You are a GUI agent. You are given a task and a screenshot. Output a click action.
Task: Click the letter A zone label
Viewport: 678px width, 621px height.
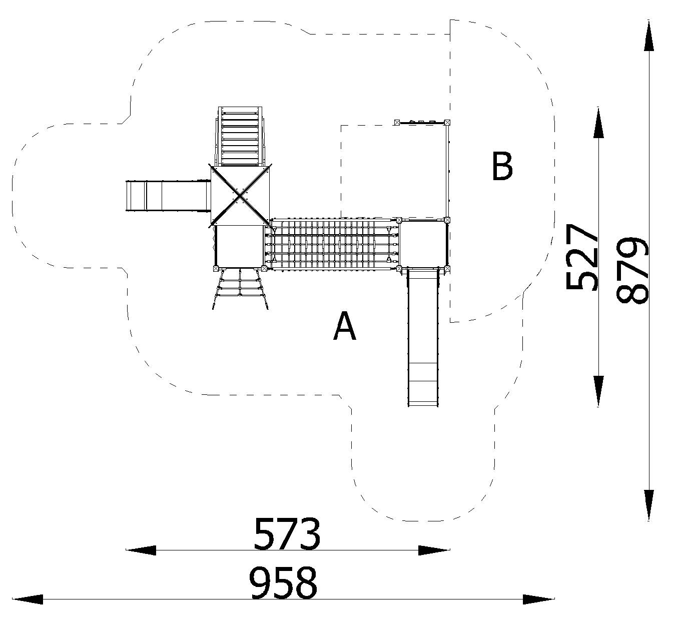(x=344, y=326)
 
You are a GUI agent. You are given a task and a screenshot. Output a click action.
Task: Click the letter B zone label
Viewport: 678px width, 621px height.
(x=502, y=166)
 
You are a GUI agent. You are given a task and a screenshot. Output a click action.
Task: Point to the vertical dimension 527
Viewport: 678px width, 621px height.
(x=581, y=257)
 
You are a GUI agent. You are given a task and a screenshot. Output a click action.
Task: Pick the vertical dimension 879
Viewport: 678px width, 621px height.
(x=631, y=270)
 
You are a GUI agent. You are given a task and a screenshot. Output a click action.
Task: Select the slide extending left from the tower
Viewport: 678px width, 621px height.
(x=168, y=196)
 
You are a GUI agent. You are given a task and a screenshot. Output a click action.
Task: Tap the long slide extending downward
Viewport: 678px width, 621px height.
(x=423, y=337)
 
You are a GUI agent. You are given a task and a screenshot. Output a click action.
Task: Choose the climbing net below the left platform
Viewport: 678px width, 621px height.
(x=240, y=288)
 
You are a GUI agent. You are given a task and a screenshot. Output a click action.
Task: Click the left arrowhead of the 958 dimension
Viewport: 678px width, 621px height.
(x=28, y=599)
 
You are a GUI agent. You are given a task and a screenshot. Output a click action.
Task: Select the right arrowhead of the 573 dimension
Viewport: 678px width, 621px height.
(x=434, y=550)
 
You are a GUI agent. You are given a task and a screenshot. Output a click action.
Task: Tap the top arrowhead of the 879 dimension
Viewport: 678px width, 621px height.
(x=648, y=36)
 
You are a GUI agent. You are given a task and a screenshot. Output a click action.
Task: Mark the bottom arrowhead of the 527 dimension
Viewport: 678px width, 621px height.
(x=598, y=390)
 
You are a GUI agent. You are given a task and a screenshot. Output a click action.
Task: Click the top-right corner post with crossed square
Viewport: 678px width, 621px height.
(x=447, y=122)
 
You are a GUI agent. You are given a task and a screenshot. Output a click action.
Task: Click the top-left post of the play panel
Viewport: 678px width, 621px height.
(x=397, y=122)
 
